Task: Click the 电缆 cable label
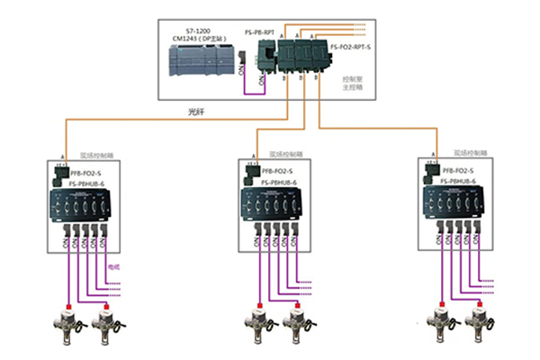114,267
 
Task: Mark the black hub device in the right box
459,207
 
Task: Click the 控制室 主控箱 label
354,85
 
